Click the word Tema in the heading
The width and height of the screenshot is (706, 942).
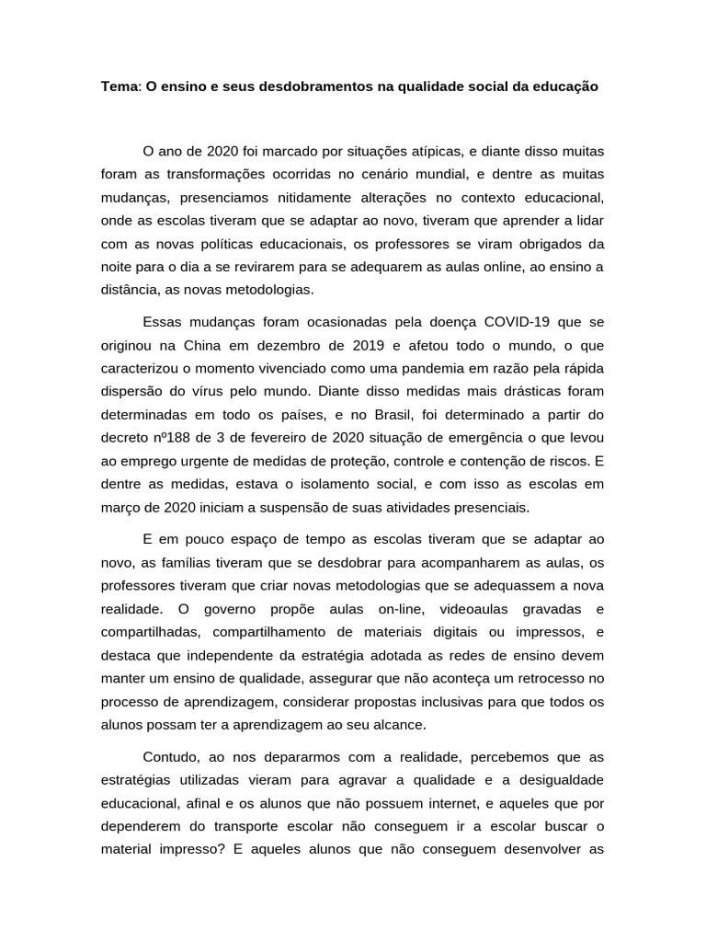(x=119, y=87)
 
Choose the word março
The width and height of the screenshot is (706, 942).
(x=122, y=507)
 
